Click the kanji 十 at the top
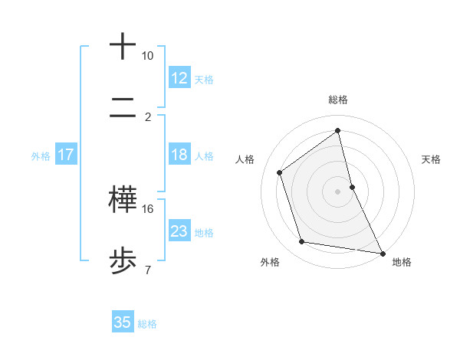pyautogui.click(x=123, y=46)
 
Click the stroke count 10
pyautogui.click(x=147, y=56)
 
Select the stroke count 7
pyautogui.click(x=147, y=270)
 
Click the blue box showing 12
pyautogui.click(x=179, y=79)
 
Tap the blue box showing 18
pyautogui.click(x=179, y=155)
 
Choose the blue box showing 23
pyautogui.click(x=179, y=231)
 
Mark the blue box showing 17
pyautogui.click(x=66, y=155)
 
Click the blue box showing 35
pyautogui.click(x=123, y=322)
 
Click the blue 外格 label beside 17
pyautogui.click(x=41, y=155)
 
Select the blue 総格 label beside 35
pyautogui.click(x=147, y=323)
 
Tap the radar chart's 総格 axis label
pyautogui.click(x=338, y=100)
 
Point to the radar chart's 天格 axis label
pyautogui.click(x=432, y=159)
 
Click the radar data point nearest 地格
pyautogui.click(x=382, y=253)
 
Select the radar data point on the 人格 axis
pyautogui.click(x=280, y=172)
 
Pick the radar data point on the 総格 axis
pyautogui.click(x=338, y=131)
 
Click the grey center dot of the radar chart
pyautogui.click(x=338, y=191)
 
